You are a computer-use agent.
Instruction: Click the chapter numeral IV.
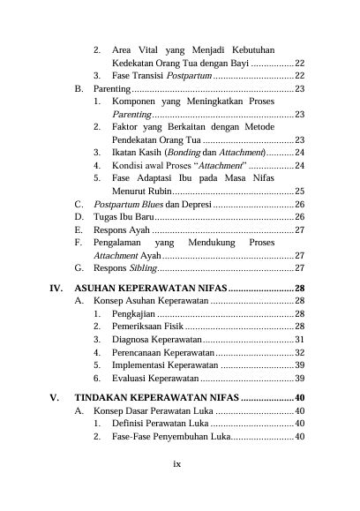coord(56,288)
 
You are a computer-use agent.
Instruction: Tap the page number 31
coord(300,339)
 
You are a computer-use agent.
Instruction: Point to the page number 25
coord(300,190)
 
